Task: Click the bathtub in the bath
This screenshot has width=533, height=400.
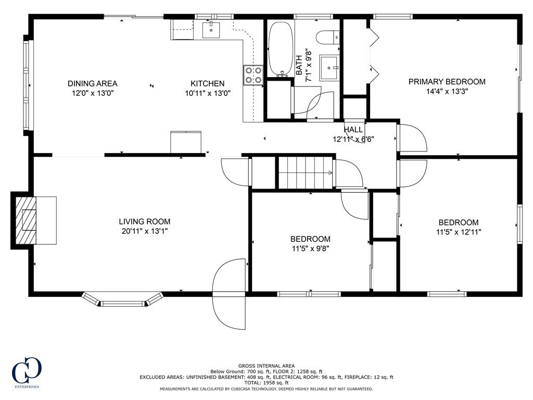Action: tap(281, 49)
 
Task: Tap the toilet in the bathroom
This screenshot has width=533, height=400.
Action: tap(328, 37)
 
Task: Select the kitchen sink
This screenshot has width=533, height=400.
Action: tap(211, 30)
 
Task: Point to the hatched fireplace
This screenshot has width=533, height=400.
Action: tap(26, 220)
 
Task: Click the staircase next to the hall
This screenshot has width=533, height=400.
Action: tap(306, 172)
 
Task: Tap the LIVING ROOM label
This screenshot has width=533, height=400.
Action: tap(145, 222)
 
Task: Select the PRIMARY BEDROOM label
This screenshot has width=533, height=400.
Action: tap(447, 82)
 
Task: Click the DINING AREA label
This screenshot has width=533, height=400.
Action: tap(93, 83)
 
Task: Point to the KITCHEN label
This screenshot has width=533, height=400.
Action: tap(207, 83)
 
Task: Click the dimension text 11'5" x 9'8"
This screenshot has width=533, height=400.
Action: tap(310, 248)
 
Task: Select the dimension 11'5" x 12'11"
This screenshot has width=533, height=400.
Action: tap(459, 232)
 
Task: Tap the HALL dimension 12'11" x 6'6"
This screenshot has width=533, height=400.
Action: tap(353, 139)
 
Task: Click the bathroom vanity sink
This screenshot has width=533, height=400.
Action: tap(329, 68)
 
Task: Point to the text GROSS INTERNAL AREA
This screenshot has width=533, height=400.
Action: tap(266, 366)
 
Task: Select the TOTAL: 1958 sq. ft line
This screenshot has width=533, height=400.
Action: tap(266, 383)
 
